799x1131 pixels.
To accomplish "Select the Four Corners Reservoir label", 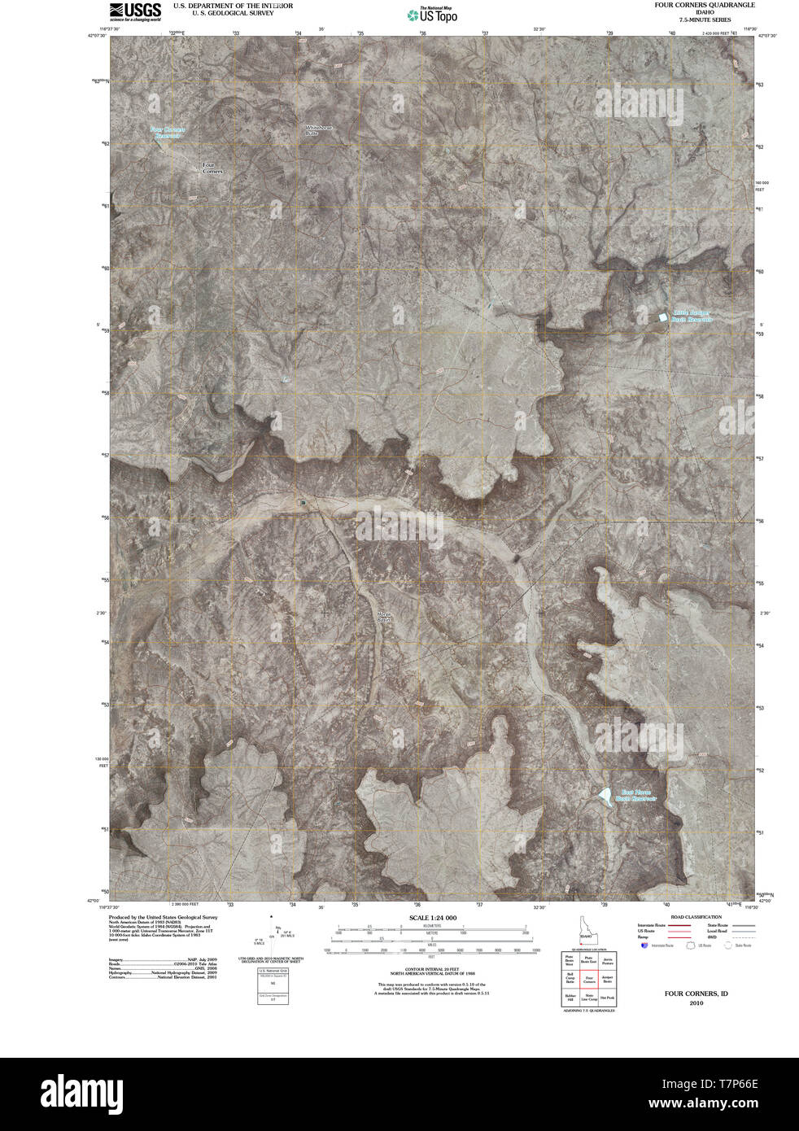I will (x=168, y=132).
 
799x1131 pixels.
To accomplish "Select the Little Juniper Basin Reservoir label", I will (x=691, y=317).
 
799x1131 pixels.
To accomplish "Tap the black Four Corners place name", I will (x=212, y=168).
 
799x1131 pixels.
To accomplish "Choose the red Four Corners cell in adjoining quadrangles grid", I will (x=589, y=980).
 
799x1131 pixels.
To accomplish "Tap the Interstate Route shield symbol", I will (x=644, y=945).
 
